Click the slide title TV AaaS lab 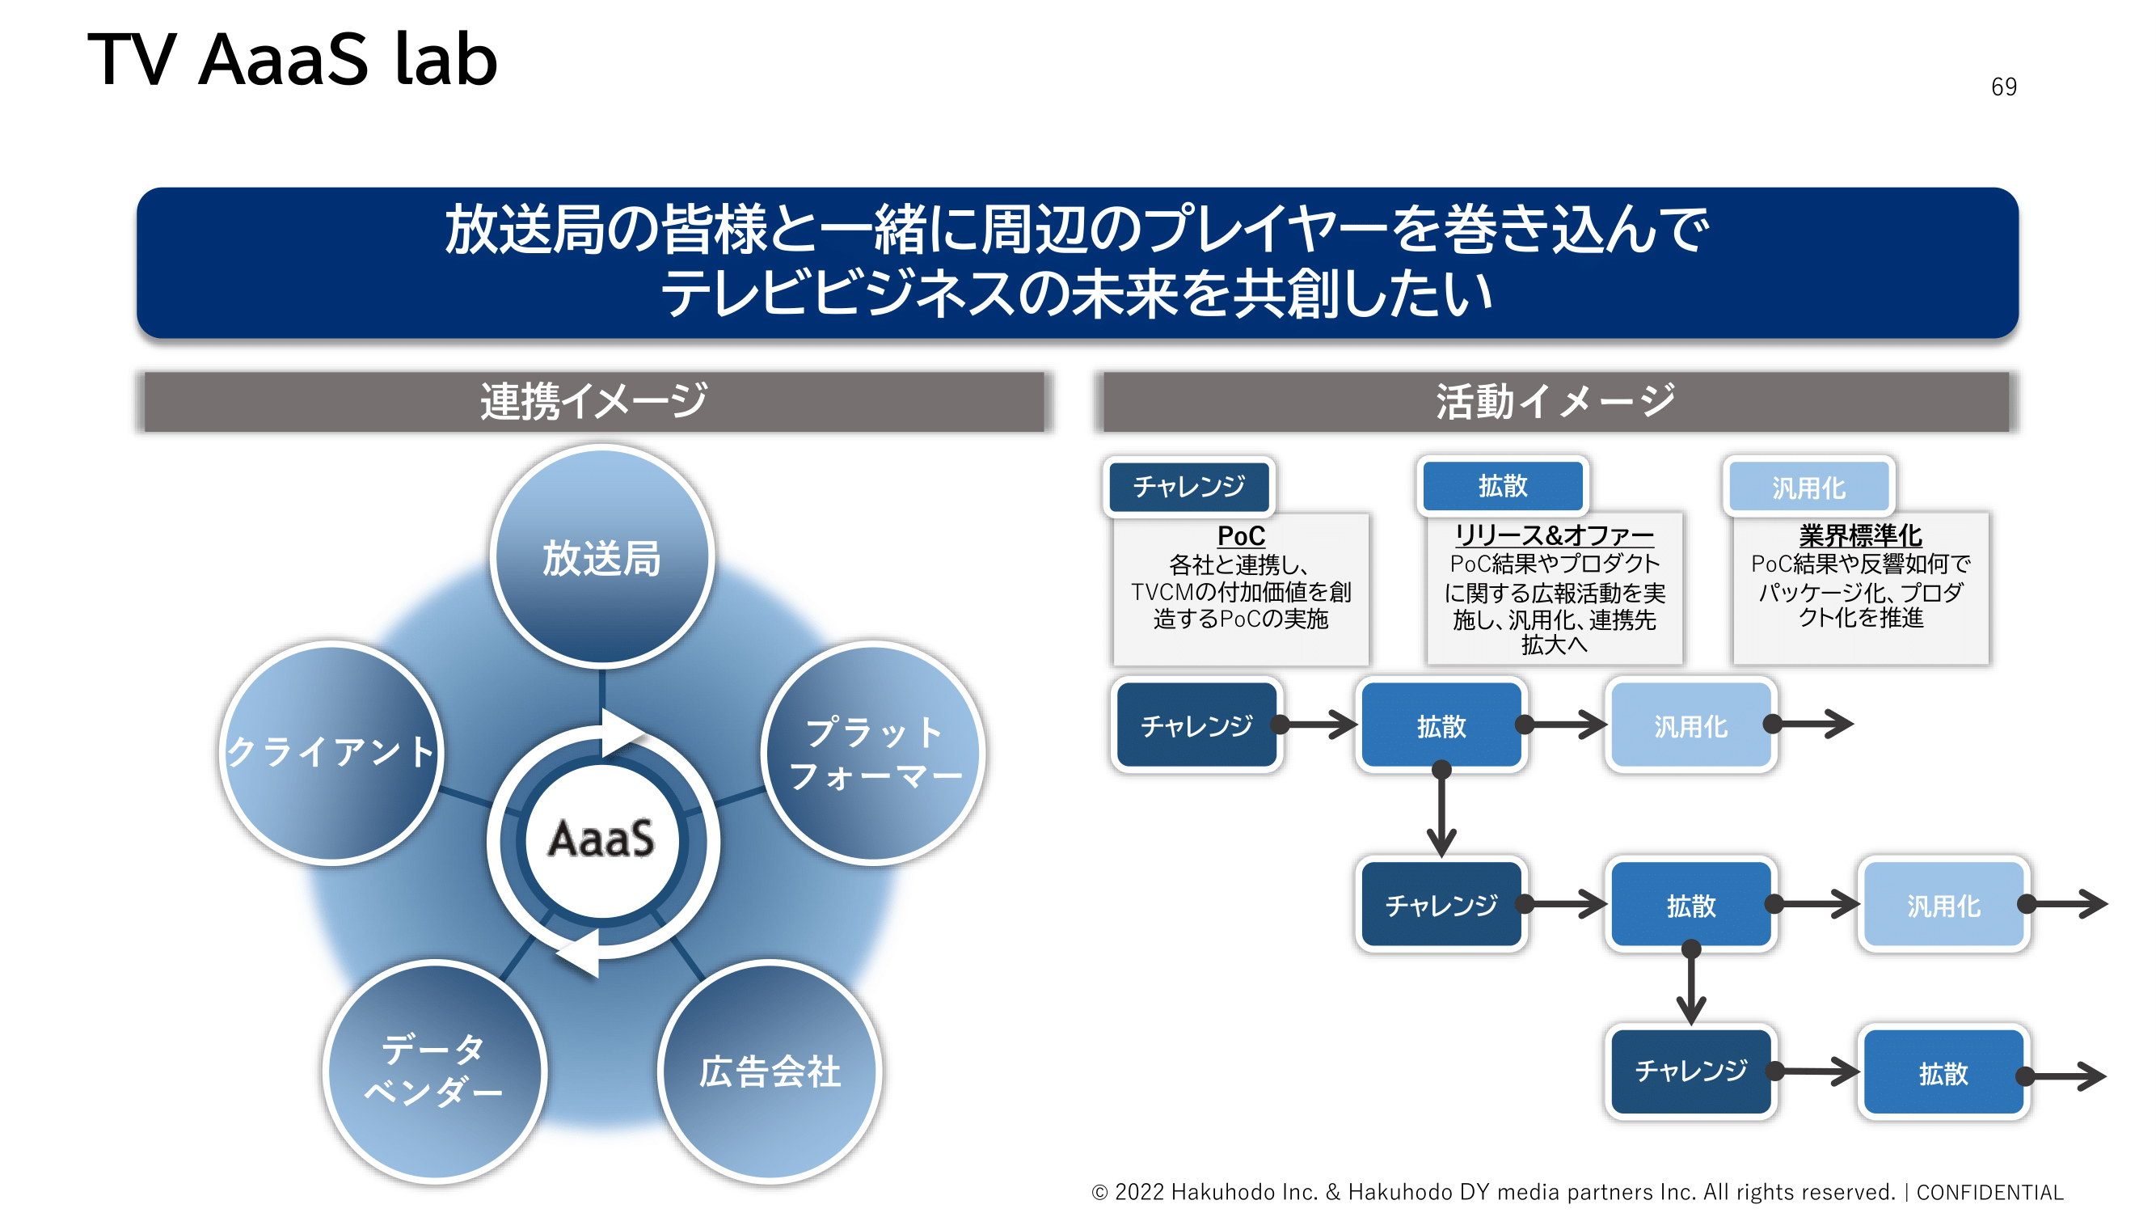tap(292, 61)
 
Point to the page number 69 tap(2003, 87)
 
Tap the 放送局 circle tap(601, 556)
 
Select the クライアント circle tap(331, 753)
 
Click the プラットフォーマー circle tap(874, 753)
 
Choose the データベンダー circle tap(434, 1071)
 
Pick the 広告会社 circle tap(769, 1071)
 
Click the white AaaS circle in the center tap(601, 839)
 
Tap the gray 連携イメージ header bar tap(593, 402)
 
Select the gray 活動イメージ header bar tap(1555, 402)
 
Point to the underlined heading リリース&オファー tap(1554, 535)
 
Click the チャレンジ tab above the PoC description tap(1188, 486)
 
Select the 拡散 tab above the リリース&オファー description tap(1502, 486)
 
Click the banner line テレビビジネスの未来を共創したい tap(1076, 294)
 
